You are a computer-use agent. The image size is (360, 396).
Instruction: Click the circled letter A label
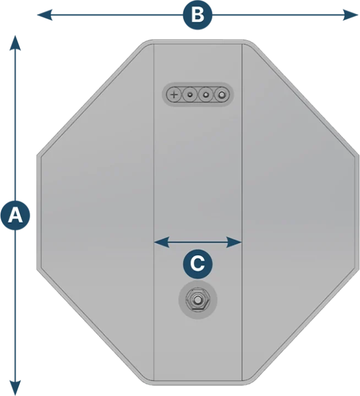[15, 215]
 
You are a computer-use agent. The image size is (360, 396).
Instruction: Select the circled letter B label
[197, 15]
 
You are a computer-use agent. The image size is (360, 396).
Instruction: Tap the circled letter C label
[198, 263]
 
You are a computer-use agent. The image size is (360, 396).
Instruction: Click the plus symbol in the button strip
[174, 95]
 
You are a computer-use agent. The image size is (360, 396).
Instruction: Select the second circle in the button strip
[190, 95]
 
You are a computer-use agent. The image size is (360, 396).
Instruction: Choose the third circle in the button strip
[206, 95]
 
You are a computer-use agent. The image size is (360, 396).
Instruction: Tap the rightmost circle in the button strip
[221, 95]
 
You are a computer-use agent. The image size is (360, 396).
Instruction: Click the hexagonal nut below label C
[198, 300]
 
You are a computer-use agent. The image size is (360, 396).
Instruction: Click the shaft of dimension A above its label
[16, 121]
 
